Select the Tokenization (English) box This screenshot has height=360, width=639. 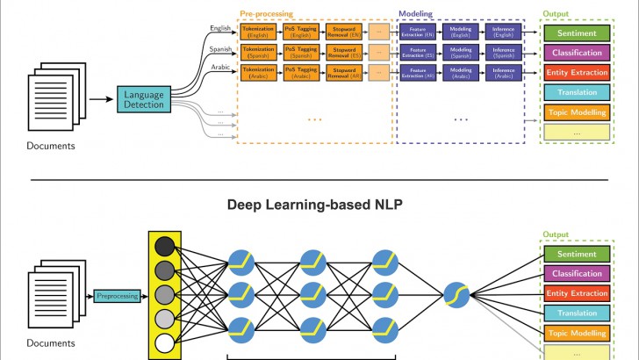258,32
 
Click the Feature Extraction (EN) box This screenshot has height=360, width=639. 417,32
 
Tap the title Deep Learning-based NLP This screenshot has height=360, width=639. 319,205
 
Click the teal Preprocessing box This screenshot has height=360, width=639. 118,296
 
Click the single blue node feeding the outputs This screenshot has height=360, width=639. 456,296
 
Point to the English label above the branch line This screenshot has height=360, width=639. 219,27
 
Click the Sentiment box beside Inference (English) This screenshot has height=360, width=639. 576,32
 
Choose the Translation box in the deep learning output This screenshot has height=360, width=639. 576,313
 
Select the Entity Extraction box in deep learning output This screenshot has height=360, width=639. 576,293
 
